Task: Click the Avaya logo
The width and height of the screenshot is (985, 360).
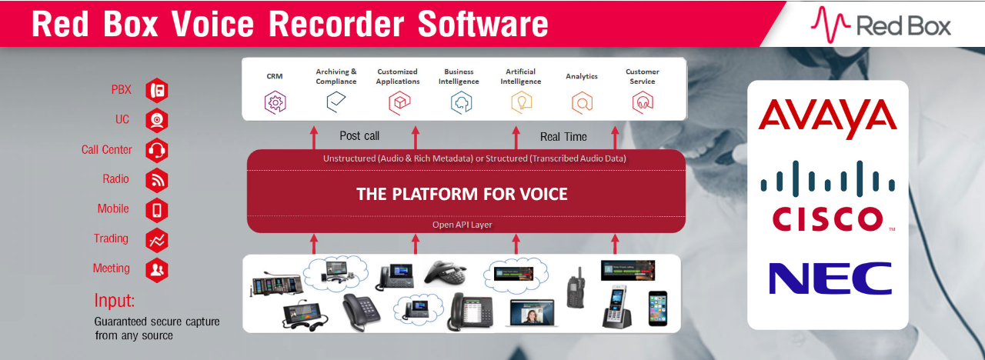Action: click(827, 118)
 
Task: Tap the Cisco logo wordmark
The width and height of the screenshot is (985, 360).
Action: click(827, 218)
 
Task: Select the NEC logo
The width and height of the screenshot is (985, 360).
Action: click(830, 278)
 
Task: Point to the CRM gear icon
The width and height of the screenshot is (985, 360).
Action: click(275, 102)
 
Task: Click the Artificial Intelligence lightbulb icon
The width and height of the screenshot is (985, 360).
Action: click(521, 102)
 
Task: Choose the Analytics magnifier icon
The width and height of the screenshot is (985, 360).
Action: click(582, 102)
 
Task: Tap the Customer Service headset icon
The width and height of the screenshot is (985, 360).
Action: click(643, 102)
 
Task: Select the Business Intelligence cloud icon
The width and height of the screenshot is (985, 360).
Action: click(459, 102)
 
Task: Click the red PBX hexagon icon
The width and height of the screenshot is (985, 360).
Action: click(157, 90)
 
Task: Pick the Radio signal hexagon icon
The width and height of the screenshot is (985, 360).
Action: click(157, 179)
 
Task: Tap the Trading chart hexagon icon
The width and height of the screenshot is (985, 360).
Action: click(157, 239)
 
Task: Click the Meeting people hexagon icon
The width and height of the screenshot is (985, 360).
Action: click(157, 269)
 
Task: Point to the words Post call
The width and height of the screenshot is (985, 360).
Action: click(359, 136)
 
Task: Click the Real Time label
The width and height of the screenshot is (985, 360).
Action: click(563, 137)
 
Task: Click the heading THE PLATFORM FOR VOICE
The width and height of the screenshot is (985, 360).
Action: click(462, 193)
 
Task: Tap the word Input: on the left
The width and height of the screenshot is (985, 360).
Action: click(115, 300)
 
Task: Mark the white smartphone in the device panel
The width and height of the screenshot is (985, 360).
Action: click(657, 308)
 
